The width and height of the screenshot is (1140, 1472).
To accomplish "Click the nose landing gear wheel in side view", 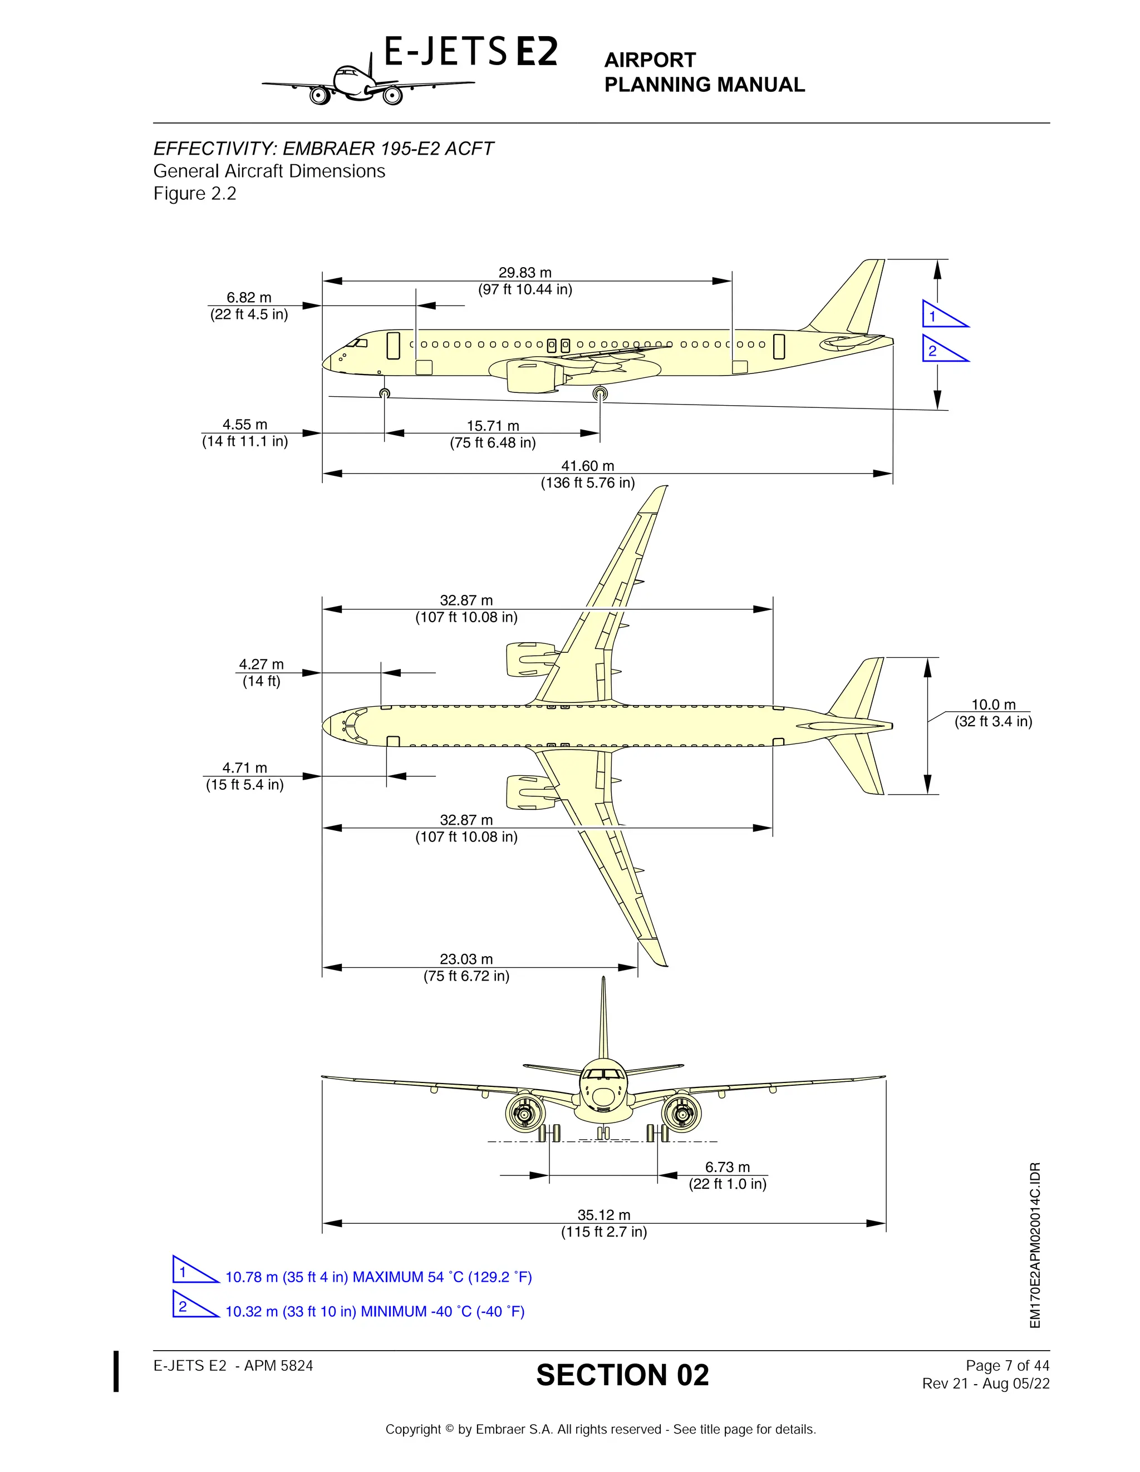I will click(x=384, y=393).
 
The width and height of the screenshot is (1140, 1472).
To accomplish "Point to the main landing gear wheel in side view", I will click(x=600, y=393).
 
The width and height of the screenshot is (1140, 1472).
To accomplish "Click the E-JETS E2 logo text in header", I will click(x=470, y=52).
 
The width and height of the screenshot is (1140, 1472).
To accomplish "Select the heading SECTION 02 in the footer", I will click(x=622, y=1376).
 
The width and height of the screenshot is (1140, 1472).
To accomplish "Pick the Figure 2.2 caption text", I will click(x=195, y=194).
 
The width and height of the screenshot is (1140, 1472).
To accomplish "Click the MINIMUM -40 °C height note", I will click(x=375, y=1312).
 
